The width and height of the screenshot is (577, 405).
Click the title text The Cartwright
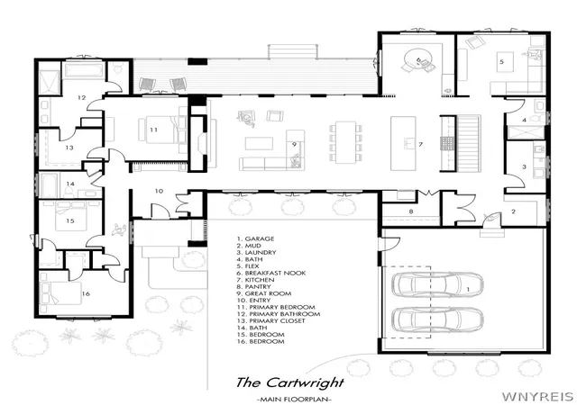(289, 382)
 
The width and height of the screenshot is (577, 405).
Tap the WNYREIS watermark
(537, 397)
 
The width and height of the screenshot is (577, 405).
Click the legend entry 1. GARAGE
(255, 238)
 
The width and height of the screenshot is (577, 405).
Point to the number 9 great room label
(294, 144)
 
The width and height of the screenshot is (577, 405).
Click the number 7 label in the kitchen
(421, 144)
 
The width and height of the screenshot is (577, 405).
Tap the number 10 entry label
(159, 191)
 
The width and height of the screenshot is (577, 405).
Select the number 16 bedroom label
(86, 293)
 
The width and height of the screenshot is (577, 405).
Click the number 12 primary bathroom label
(82, 97)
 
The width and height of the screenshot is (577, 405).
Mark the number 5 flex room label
(501, 61)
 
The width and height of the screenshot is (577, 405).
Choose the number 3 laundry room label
(524, 166)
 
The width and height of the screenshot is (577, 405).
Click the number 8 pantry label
(411, 211)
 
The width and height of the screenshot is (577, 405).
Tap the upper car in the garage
(437, 284)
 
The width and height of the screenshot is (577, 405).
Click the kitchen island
(403, 143)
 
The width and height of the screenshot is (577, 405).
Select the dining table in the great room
(345, 142)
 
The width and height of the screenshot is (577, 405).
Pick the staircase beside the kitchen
(469, 143)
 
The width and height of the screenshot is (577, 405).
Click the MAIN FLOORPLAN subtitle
(294, 399)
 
